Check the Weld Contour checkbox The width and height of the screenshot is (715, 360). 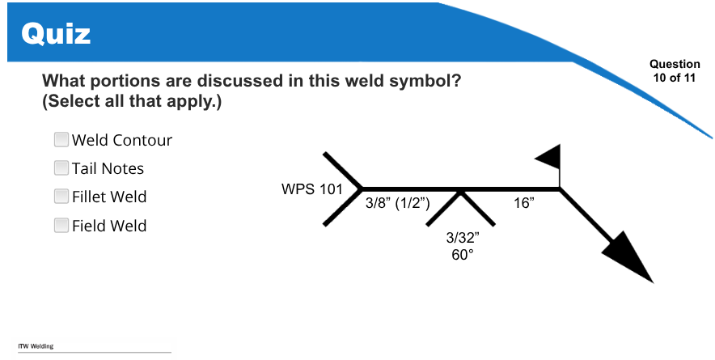pos(61,140)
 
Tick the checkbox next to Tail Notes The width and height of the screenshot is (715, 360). pos(61,168)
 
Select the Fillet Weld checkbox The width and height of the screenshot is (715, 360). pos(61,197)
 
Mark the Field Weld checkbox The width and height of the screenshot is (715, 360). pos(61,226)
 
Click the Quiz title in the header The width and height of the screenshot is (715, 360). pos(56,34)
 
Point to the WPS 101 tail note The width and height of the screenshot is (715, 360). pos(312,188)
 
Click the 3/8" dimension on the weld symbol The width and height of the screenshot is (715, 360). pos(378,203)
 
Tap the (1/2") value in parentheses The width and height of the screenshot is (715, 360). pos(412,204)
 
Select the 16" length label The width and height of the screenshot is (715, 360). pos(524,202)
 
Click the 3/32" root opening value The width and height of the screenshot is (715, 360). pos(463,237)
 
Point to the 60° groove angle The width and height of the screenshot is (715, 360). pos(463,255)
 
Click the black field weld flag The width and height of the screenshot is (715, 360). pos(548,158)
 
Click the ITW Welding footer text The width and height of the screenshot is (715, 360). pos(36,346)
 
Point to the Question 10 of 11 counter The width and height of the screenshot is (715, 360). pos(675,70)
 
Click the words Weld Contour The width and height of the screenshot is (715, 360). pos(122,140)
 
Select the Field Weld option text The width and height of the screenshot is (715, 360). pos(109,226)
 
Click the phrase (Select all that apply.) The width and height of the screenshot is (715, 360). pos(132,101)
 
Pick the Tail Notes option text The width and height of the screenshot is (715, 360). pos(108,168)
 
